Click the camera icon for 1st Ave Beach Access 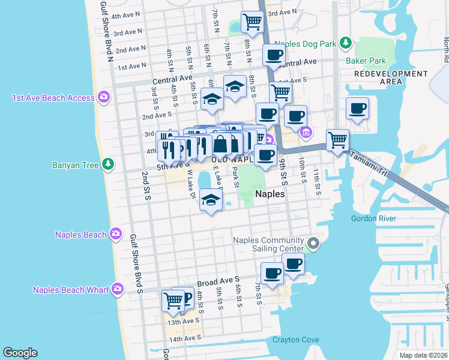coord(104,97)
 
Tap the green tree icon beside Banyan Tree coord(107,163)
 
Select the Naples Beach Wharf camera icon coord(117,289)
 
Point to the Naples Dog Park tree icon coord(345,43)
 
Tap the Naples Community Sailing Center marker coord(313,244)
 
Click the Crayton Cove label coord(296,340)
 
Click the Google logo coord(20,353)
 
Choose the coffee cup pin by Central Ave coord(274,56)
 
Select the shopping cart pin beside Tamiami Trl coord(337,140)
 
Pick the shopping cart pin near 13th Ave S coord(173,300)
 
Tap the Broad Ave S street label coord(218,280)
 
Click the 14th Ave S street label coord(184,339)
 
